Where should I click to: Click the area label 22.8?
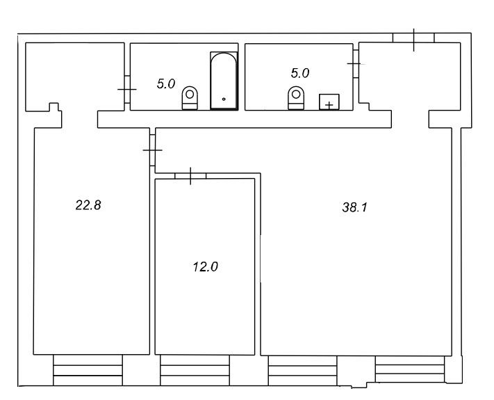point(88,205)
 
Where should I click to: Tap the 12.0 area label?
point(206,267)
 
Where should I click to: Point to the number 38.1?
point(355,207)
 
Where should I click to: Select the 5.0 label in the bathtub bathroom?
point(166,84)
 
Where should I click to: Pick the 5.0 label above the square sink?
point(300,73)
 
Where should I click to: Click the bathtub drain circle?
point(224,99)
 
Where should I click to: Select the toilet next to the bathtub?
point(190,98)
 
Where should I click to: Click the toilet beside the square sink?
point(296,98)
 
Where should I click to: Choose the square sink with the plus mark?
point(329,102)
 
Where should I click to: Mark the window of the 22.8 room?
point(88,370)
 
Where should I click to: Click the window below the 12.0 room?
point(195,370)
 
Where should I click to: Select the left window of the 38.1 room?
point(302,371)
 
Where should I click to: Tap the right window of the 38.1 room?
point(410,369)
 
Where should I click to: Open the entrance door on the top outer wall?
point(413,38)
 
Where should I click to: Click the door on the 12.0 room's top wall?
point(190,176)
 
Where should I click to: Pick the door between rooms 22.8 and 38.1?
point(152,150)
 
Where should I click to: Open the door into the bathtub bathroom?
point(127,89)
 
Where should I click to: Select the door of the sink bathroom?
point(356,64)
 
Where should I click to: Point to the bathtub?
point(224,81)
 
